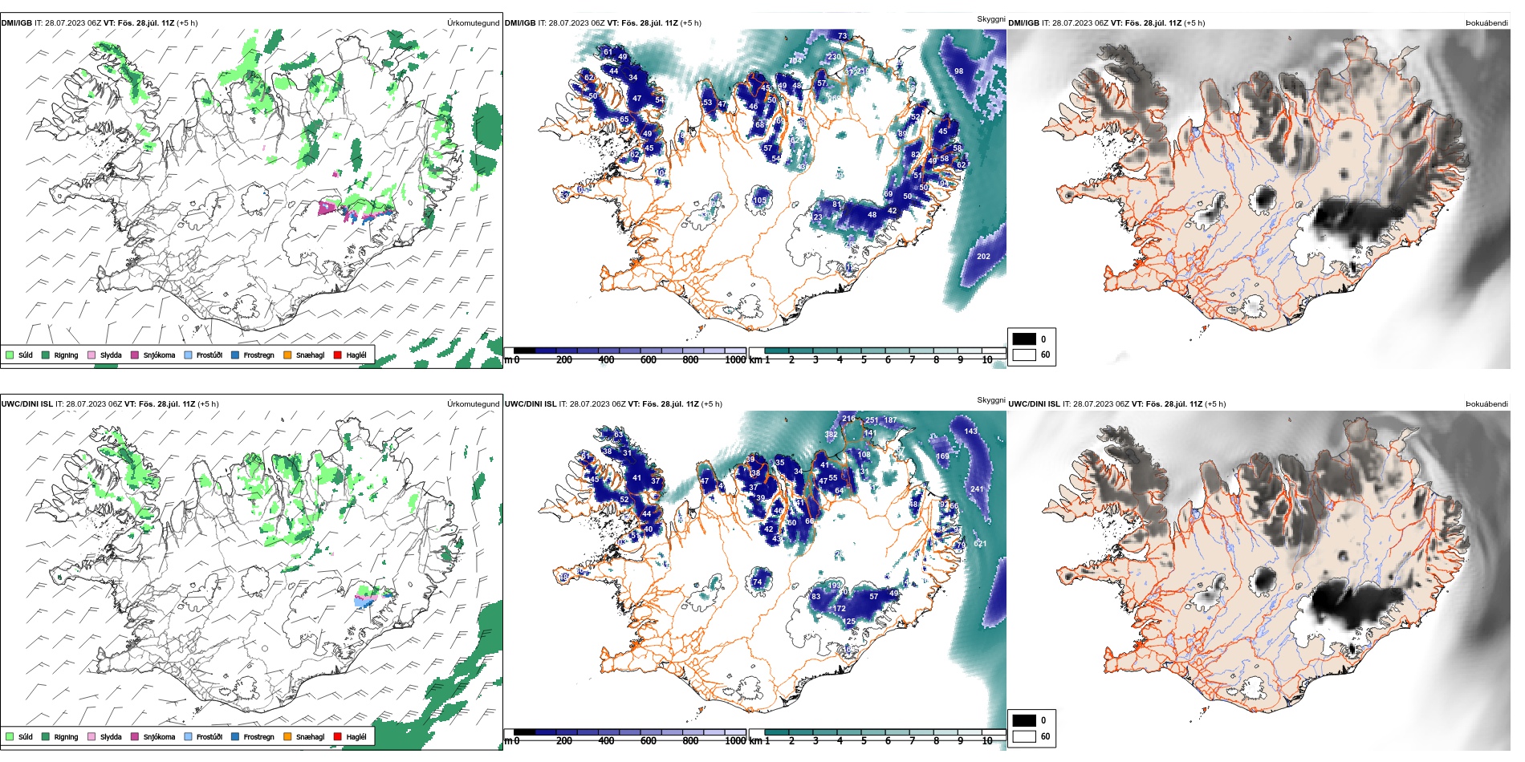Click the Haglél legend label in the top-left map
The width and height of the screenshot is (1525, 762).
(x=356, y=355)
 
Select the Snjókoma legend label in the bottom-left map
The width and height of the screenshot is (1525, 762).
(x=159, y=737)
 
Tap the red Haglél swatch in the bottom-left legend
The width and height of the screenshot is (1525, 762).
(x=338, y=736)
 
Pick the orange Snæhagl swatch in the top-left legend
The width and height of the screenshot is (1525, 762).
(x=287, y=355)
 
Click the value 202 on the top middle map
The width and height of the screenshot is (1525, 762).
(x=983, y=257)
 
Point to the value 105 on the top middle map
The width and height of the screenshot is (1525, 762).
(x=759, y=201)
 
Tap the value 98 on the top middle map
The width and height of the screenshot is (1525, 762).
(x=958, y=71)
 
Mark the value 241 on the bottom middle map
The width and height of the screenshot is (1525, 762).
(x=977, y=489)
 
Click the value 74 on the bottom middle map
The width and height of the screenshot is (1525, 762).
(x=757, y=582)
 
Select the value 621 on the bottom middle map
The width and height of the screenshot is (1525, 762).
(x=980, y=544)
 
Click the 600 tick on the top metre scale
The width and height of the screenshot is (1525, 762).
(x=648, y=360)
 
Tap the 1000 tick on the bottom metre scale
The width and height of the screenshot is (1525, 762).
(x=735, y=741)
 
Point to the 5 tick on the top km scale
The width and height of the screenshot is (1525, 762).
(x=864, y=360)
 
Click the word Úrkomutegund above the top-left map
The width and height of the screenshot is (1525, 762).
(x=473, y=23)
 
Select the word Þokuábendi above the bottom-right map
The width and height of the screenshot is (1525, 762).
(x=1486, y=404)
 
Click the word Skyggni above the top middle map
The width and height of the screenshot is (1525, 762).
(x=990, y=19)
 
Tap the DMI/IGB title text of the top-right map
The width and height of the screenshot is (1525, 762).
(x=1023, y=23)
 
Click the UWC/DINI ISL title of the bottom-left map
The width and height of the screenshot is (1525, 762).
(x=26, y=404)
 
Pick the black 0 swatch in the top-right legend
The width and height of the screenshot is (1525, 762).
(x=1024, y=339)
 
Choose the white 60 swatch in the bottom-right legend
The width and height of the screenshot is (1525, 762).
(x=1024, y=736)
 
